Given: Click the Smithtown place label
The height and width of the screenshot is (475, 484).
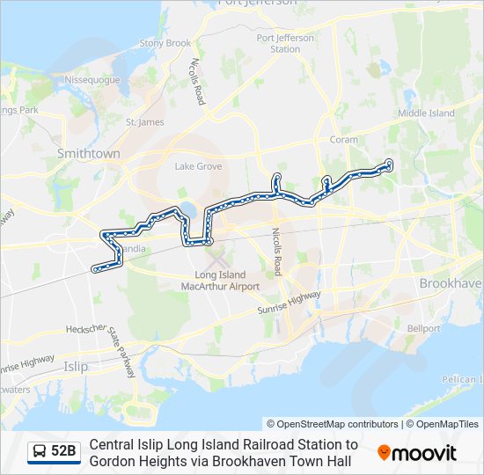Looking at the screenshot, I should pyautogui.click(x=88, y=153).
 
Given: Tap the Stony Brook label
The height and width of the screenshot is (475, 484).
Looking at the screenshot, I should pyautogui.click(x=165, y=43).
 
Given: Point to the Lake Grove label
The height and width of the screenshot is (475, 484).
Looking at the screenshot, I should pyautogui.click(x=198, y=165).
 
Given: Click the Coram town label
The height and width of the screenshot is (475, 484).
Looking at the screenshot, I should pyautogui.click(x=343, y=139).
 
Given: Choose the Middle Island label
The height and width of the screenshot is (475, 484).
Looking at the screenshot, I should pyautogui.click(x=426, y=113).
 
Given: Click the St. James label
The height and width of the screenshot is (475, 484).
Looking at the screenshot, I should pyautogui.click(x=145, y=122).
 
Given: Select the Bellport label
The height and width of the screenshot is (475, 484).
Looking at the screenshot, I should pyautogui.click(x=423, y=328).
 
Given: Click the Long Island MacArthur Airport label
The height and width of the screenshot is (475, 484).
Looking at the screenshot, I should pyautogui.click(x=220, y=281).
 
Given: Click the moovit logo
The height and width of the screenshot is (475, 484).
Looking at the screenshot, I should pyautogui.click(x=417, y=453).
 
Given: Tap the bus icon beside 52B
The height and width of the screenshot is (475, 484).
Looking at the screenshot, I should pyautogui.click(x=40, y=452).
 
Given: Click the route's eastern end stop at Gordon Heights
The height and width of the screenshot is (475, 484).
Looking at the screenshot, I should pyautogui.click(x=389, y=163).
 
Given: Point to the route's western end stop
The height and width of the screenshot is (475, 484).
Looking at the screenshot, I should pyautogui.click(x=95, y=269).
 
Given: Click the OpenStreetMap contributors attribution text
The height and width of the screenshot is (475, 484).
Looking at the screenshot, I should pyautogui.click(x=333, y=424).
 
